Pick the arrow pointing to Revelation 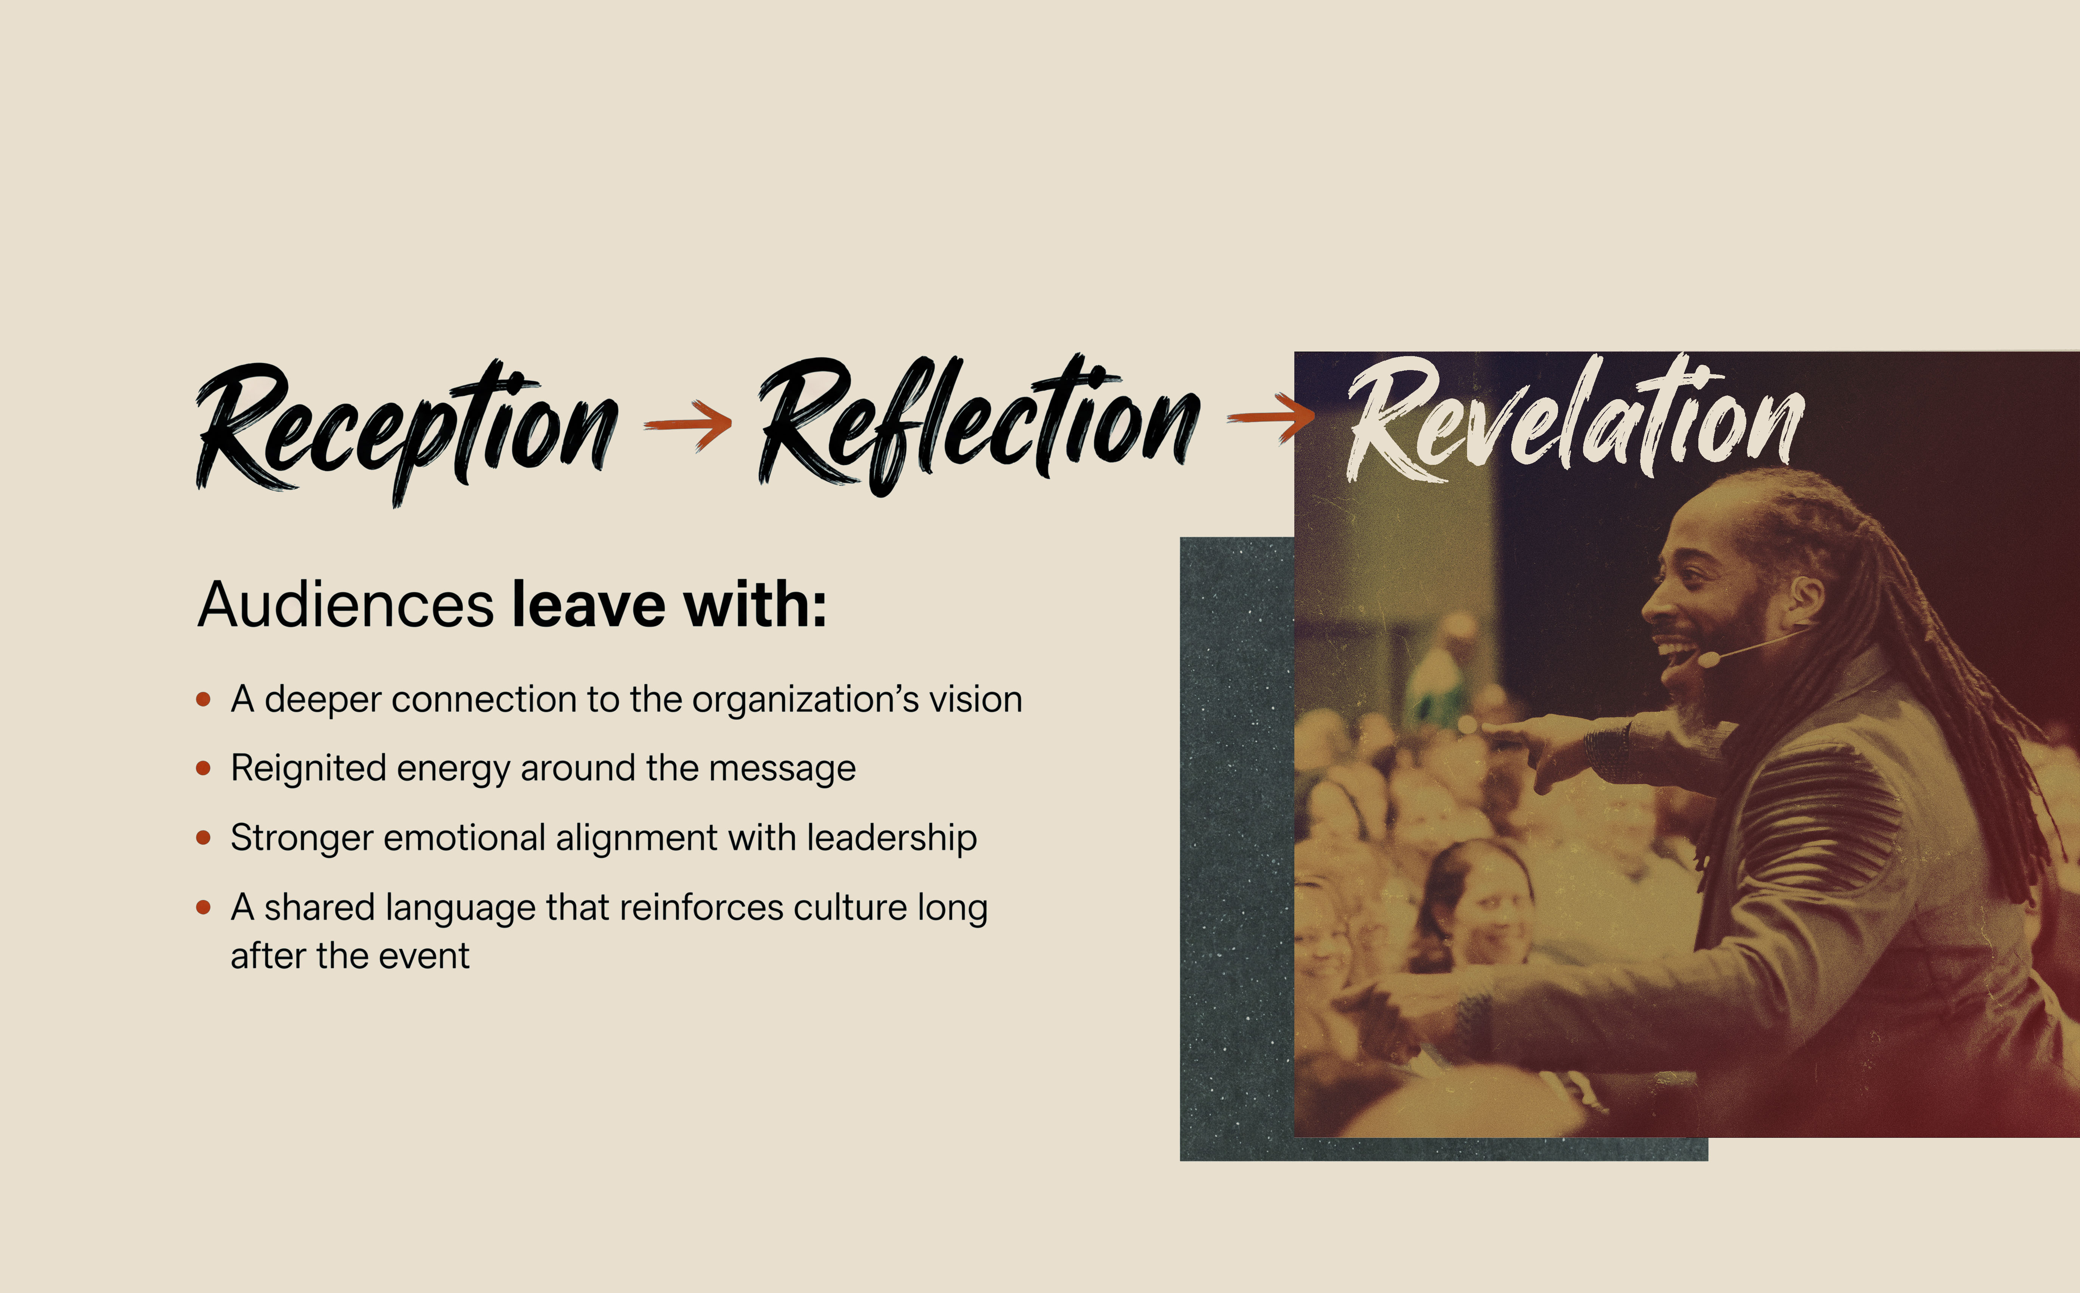(1271, 417)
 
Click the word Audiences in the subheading (346, 605)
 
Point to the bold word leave (589, 605)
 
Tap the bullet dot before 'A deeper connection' (204, 699)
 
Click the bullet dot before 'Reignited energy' (204, 768)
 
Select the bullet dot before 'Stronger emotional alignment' (204, 837)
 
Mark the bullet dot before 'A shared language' (204, 907)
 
